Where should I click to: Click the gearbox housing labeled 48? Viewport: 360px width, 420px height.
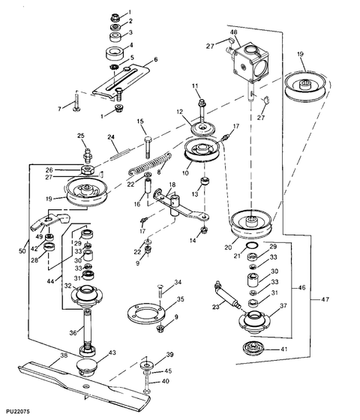point(250,63)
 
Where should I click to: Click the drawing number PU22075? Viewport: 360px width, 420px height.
point(18,412)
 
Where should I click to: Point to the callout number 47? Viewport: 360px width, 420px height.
point(325,299)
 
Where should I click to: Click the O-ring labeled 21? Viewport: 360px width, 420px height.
point(252,245)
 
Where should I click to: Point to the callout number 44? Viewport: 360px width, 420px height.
point(50,281)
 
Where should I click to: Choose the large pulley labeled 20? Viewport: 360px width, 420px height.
point(251,223)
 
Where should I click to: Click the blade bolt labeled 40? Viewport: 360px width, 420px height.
point(146,383)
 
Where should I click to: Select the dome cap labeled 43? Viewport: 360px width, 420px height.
point(85,367)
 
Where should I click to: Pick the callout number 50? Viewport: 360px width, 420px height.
point(22,251)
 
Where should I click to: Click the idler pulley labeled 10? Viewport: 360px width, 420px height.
point(202,151)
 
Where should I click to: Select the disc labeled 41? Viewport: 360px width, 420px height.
point(253,349)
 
